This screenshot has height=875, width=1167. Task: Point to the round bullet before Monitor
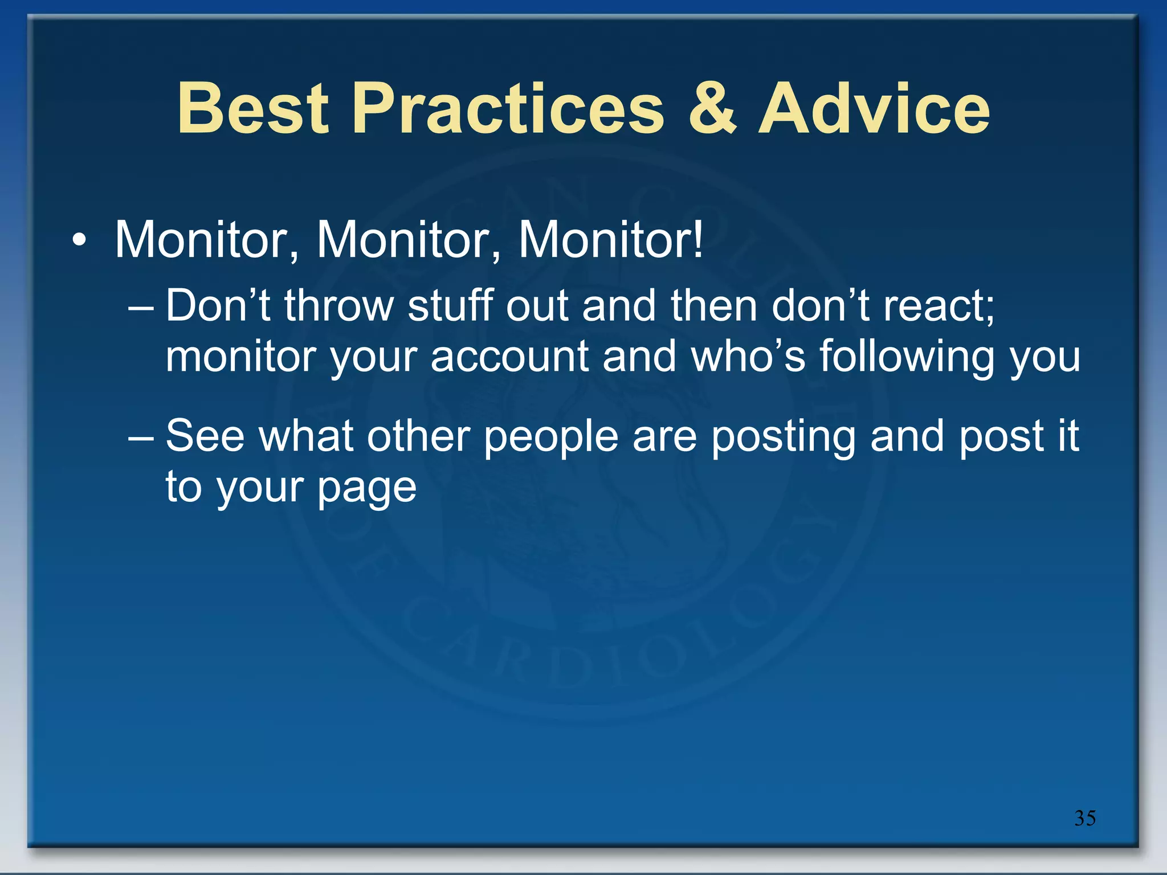coord(79,241)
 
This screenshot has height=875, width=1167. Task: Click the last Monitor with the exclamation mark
coord(611,240)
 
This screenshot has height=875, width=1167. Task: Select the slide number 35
coord(1084,818)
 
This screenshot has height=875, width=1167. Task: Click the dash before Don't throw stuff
coord(141,308)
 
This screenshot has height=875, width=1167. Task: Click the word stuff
coord(450,306)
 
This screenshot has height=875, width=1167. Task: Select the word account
coord(509,357)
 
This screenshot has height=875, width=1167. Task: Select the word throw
coord(339,306)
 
